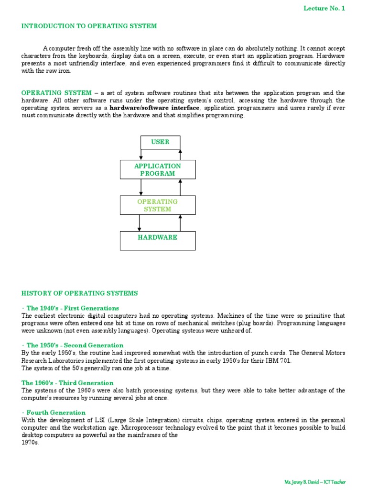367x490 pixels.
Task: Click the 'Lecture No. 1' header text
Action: coord(324,8)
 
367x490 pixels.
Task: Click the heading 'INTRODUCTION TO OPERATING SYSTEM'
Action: coord(89,26)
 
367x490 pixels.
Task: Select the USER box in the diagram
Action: coord(160,142)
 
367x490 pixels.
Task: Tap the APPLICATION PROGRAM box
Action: coord(157,170)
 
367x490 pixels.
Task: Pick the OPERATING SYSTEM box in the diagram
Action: coord(157,205)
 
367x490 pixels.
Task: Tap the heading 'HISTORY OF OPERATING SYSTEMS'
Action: coord(79,293)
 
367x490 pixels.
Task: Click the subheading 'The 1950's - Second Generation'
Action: coord(75,345)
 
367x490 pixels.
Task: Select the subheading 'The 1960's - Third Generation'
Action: coord(67,383)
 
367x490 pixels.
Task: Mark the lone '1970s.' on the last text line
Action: coord(30,443)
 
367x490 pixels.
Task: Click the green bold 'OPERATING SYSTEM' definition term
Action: coord(56,93)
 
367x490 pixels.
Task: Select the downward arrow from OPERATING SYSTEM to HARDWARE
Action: coord(139,223)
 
